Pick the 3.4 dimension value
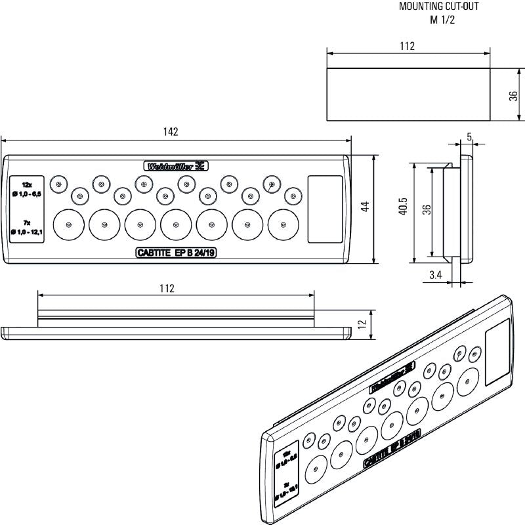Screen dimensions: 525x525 coord(436,276)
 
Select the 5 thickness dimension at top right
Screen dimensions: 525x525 coord(469,136)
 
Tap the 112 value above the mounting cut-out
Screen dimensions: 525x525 coord(407,47)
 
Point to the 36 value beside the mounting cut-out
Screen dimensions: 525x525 coord(514,95)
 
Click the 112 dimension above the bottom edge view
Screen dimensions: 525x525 coord(167,288)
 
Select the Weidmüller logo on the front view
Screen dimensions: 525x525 coord(176,166)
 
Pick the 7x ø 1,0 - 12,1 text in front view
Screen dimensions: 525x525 coord(27,228)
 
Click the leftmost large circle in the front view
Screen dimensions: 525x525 coord(68,225)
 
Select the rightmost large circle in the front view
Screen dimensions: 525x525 coord(283,225)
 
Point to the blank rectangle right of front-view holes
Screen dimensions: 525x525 coord(322,209)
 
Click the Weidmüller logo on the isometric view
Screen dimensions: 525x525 coord(392,377)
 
